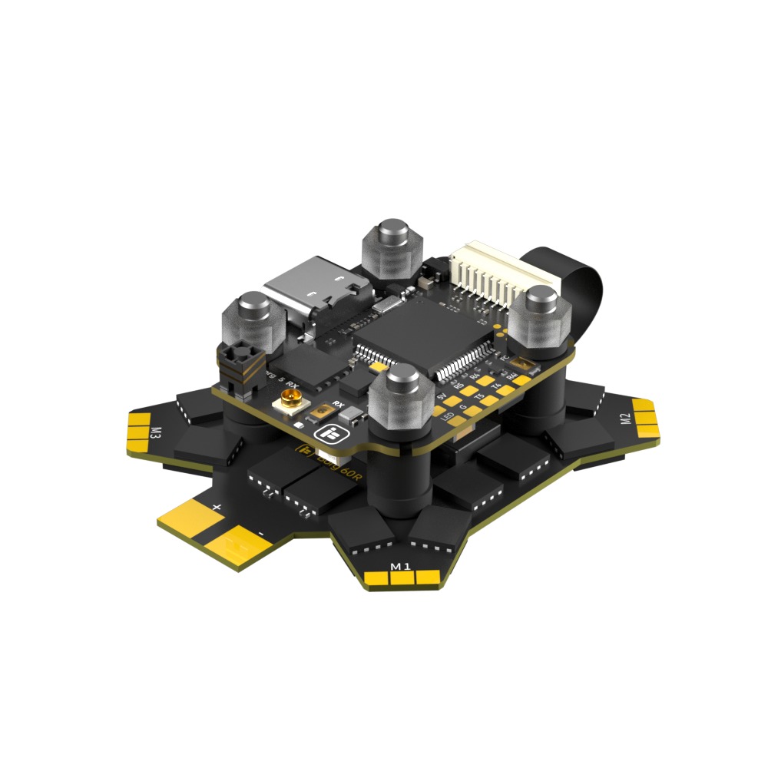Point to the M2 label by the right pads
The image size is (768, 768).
tap(625, 419)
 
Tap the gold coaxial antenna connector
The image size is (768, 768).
tap(292, 400)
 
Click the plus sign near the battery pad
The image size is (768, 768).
tap(217, 507)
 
